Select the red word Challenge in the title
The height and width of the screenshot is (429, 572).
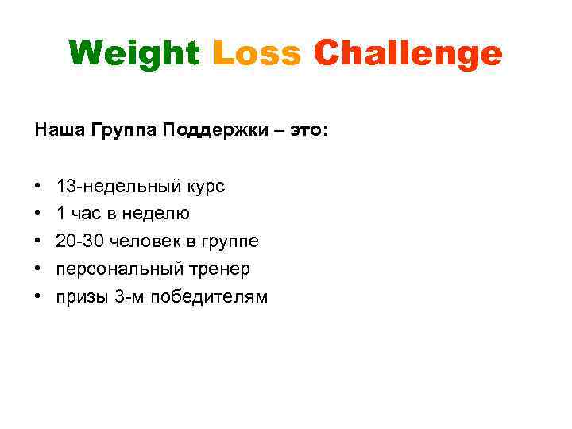click(x=408, y=54)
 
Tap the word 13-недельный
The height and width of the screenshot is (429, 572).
click(x=119, y=187)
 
